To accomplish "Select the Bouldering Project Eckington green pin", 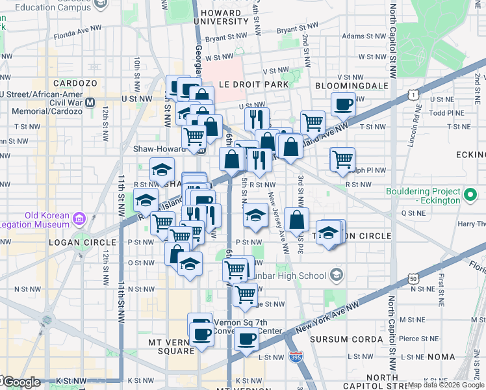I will (x=469, y=194).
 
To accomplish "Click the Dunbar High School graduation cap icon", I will (x=335, y=275).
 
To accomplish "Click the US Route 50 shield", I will (x=413, y=278).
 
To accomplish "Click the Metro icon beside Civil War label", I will (x=90, y=102).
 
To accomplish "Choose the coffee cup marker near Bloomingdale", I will (x=343, y=103).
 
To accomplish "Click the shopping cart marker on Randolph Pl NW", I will (x=342, y=158).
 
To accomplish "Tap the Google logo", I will (x=21, y=382).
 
